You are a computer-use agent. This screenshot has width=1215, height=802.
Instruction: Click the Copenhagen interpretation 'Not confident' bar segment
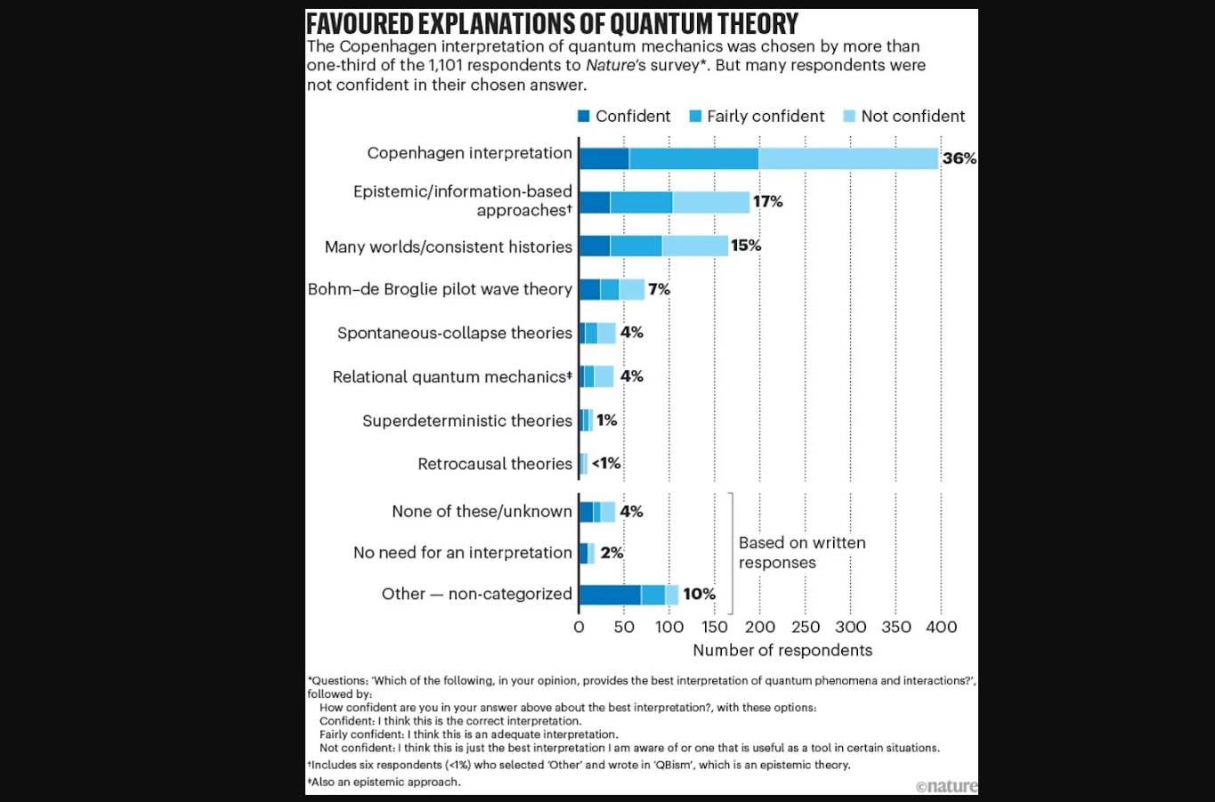click(x=847, y=158)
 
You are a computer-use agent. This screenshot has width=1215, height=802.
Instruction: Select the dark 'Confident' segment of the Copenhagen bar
click(x=603, y=158)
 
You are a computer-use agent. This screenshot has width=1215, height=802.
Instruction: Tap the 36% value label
click(x=959, y=158)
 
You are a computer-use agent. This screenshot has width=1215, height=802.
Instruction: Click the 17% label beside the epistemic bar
click(x=767, y=202)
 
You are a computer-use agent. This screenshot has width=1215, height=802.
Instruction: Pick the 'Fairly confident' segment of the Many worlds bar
click(x=636, y=246)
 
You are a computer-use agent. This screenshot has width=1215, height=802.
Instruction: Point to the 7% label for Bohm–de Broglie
click(x=659, y=289)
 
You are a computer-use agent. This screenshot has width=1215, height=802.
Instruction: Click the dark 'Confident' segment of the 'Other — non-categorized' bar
click(x=610, y=595)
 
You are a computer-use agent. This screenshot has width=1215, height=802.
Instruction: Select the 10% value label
click(x=699, y=595)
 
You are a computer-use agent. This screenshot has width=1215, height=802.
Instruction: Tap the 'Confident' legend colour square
click(x=584, y=117)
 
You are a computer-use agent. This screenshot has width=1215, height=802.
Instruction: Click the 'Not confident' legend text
click(x=912, y=117)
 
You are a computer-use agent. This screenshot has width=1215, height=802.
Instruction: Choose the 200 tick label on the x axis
click(x=759, y=628)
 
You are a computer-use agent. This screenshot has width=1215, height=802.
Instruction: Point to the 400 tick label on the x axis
click(x=941, y=628)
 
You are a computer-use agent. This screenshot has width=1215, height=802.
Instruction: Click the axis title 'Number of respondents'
click(x=782, y=651)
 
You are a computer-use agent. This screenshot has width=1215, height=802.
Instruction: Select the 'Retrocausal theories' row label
click(x=495, y=464)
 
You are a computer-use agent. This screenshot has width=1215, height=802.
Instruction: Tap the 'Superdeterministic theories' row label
click(x=467, y=420)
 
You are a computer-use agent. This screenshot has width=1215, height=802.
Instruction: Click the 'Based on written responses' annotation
click(x=801, y=553)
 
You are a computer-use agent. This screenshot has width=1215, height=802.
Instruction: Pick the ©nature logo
click(x=946, y=786)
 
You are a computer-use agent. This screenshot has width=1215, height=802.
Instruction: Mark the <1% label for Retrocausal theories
click(x=606, y=464)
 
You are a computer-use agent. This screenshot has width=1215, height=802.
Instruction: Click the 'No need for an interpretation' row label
click(x=463, y=553)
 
